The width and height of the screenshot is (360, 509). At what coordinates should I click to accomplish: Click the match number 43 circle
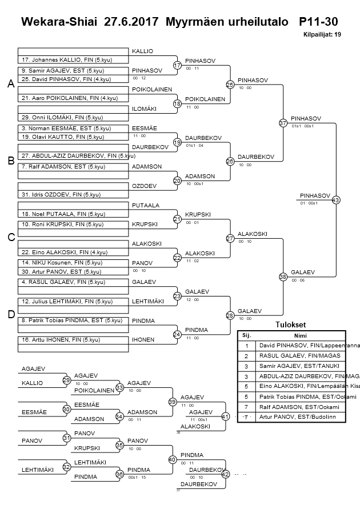point(335,200)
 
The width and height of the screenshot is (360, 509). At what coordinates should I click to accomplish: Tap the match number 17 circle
point(177,66)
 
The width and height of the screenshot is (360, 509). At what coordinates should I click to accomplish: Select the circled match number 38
point(282,276)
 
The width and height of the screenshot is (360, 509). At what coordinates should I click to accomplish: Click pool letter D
point(10,314)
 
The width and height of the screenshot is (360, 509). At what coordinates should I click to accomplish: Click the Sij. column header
point(246,336)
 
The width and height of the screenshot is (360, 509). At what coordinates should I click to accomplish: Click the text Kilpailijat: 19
point(322,35)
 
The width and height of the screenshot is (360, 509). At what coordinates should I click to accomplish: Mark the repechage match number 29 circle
point(66,380)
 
